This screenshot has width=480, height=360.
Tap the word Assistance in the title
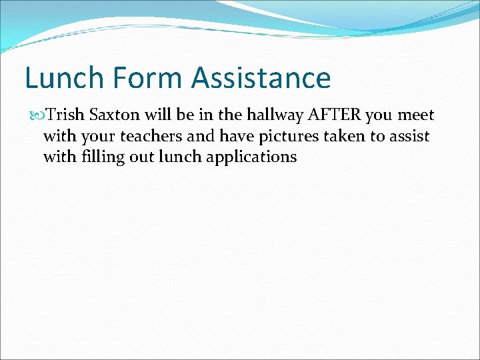[261, 78]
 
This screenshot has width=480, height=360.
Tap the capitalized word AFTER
[335, 115]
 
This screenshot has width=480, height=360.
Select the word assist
[409, 137]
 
